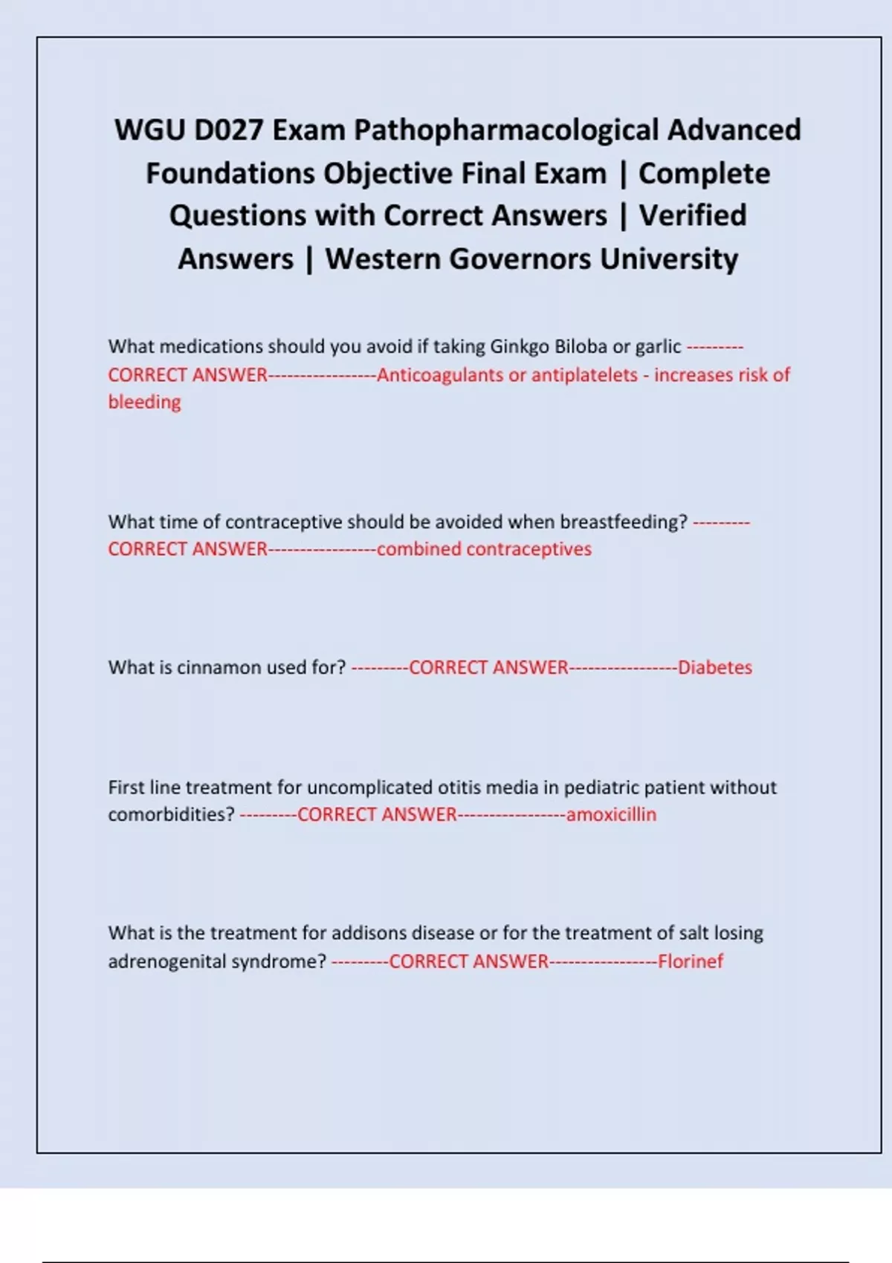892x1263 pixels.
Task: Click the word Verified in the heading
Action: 693,216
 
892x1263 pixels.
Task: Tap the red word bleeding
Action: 144,402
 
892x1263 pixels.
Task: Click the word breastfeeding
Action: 623,522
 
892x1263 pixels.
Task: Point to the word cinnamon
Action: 219,667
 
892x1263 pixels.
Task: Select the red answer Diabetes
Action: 715,667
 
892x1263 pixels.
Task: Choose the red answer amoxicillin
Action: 611,814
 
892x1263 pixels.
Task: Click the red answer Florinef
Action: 690,961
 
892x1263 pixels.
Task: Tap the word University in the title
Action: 669,259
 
